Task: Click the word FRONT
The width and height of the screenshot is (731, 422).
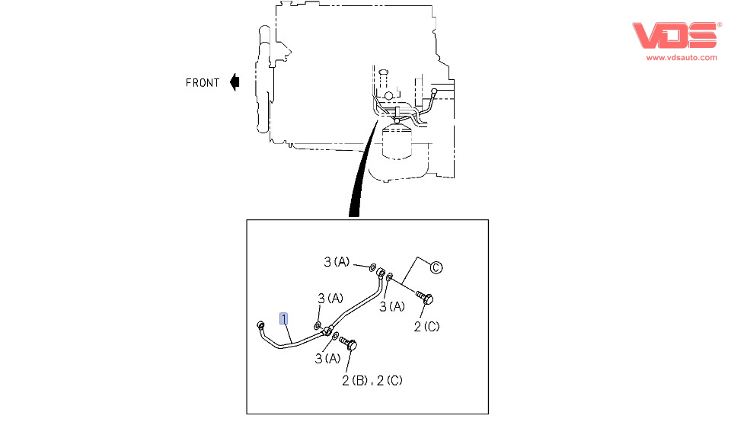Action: pyautogui.click(x=203, y=82)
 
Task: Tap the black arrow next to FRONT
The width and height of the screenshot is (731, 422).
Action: pyautogui.click(x=235, y=82)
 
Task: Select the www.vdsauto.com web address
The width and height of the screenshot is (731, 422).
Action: pyautogui.click(x=682, y=57)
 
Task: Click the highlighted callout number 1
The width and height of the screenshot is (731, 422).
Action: pyautogui.click(x=284, y=318)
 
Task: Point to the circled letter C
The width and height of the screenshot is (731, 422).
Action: pyautogui.click(x=436, y=267)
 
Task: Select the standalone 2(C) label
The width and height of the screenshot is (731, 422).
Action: pyautogui.click(x=426, y=327)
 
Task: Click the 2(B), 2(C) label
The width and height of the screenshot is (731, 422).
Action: pyautogui.click(x=372, y=379)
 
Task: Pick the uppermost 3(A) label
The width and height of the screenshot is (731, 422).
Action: pyautogui.click(x=337, y=262)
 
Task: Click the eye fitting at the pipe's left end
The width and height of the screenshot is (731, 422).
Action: pyautogui.click(x=261, y=325)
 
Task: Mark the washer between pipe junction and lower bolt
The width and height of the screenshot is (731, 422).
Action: pyautogui.click(x=337, y=336)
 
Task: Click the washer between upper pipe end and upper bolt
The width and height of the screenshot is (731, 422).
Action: pyautogui.click(x=390, y=277)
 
